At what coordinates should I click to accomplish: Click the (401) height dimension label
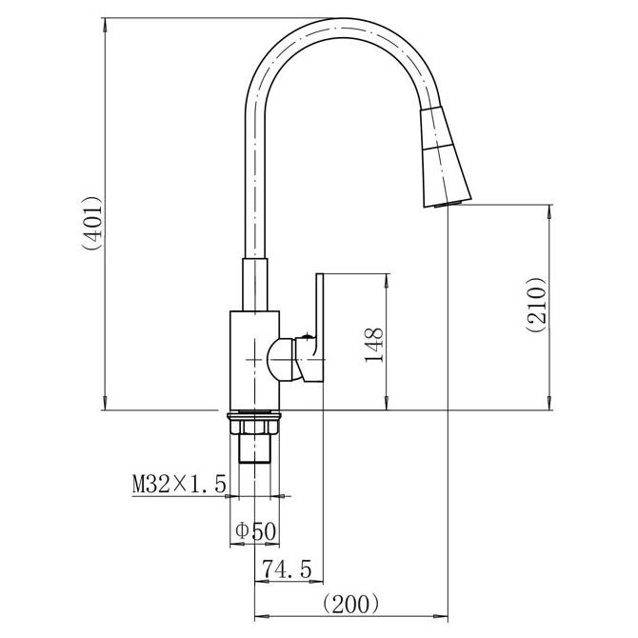(91, 224)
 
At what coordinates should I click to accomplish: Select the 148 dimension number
(374, 345)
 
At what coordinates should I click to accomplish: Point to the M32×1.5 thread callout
(179, 484)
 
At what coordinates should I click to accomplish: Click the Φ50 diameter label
(256, 531)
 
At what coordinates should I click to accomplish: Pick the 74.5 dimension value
(287, 568)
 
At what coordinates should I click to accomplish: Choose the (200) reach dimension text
(350, 605)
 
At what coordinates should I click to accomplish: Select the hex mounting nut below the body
(254, 428)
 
